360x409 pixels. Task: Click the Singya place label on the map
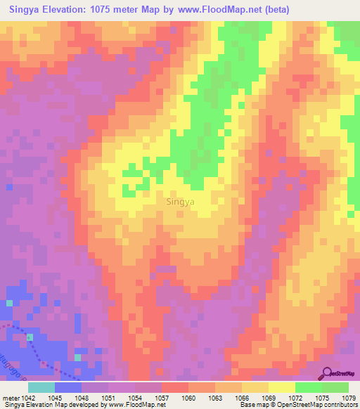point(181,202)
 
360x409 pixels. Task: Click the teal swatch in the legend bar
point(41,387)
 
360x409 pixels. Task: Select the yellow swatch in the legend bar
point(281,387)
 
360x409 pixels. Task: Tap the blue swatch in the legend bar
point(68,387)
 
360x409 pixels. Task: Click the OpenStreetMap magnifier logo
point(327,375)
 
